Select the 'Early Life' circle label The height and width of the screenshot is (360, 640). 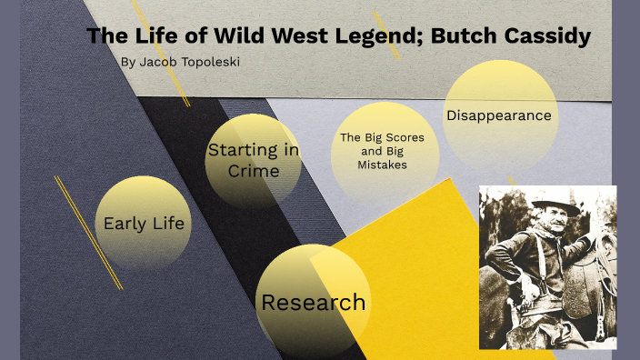[x=144, y=224]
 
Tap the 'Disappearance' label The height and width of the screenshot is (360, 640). [x=499, y=115]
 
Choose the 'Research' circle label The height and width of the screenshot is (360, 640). [x=314, y=303]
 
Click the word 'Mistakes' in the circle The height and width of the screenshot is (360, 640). [x=383, y=165]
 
